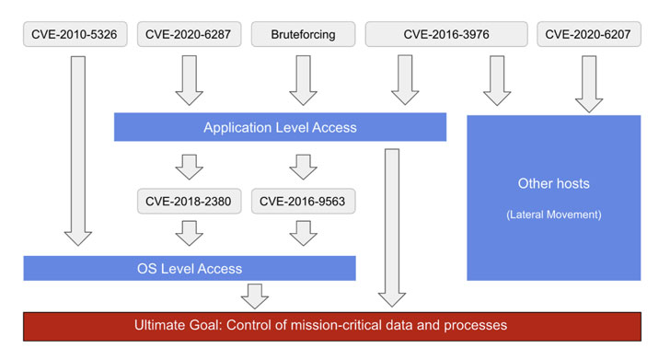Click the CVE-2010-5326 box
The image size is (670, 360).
75,34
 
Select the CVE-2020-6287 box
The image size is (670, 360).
189,34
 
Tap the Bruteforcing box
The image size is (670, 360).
303,34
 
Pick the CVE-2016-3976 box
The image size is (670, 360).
446,34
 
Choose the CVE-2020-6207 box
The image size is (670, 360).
589,34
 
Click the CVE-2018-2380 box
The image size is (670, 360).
189,201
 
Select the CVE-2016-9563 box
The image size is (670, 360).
303,201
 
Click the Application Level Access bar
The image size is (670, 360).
280,127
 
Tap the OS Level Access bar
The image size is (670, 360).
190,268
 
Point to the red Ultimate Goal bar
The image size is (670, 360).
332,326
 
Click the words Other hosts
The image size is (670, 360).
554,183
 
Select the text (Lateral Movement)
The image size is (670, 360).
554,215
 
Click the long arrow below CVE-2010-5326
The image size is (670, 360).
77,151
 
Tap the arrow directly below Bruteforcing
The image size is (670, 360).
303,80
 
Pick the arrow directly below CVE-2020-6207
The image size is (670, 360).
589,84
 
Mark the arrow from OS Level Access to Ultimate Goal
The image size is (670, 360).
255,296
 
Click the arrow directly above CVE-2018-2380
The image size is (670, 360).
189,168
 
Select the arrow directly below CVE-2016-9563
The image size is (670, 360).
303,234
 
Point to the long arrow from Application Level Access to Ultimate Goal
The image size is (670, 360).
392,228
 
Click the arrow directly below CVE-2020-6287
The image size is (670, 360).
189,80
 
